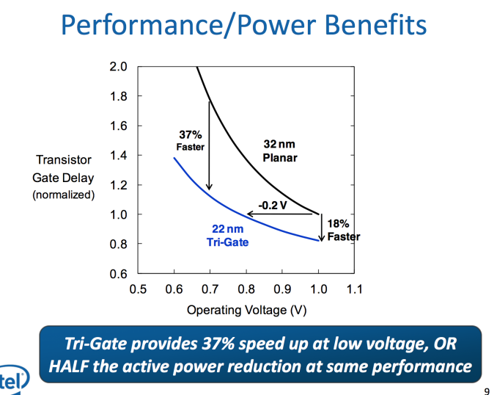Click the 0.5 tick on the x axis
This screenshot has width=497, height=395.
click(138, 289)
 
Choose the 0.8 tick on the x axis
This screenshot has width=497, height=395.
click(246, 289)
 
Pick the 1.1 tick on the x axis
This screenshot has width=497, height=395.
click(354, 289)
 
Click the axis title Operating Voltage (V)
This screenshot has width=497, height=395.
click(246, 310)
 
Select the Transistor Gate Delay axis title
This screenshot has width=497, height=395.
click(64, 177)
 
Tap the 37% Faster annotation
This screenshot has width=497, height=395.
click(191, 140)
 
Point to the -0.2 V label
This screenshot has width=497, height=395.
click(273, 205)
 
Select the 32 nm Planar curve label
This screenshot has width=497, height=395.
click(279, 151)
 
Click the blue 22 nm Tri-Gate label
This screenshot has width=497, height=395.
click(228, 236)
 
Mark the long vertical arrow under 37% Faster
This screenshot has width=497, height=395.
click(209, 147)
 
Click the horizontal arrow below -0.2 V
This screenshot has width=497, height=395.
click(283, 214)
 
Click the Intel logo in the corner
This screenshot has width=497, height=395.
click(13, 379)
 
